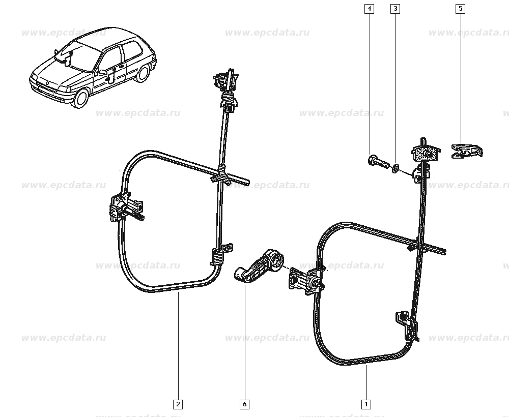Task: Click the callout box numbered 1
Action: [366, 404]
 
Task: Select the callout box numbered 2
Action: [178, 404]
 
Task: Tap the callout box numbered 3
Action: [395, 9]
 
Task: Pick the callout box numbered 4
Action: [369, 9]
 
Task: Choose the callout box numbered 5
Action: [460, 9]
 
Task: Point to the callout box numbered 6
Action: [245, 404]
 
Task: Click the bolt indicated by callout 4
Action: [378, 162]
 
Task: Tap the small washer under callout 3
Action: [395, 168]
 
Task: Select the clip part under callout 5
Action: [467, 151]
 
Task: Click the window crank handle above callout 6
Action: [260, 266]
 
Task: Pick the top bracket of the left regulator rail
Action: [227, 80]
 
